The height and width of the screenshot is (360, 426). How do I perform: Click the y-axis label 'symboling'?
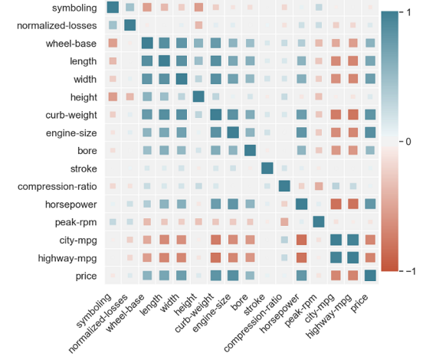[x=74, y=8]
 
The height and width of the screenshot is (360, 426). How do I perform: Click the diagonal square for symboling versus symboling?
[x=113, y=8]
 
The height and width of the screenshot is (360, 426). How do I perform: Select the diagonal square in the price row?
[x=371, y=275]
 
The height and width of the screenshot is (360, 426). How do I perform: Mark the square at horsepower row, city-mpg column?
[x=336, y=204]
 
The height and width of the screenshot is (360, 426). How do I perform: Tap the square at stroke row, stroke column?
[x=267, y=169]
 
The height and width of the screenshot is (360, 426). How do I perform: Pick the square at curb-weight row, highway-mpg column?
[x=353, y=115]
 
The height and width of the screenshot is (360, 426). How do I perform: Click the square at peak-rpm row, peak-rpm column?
[x=319, y=222]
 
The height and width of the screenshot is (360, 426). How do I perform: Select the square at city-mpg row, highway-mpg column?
[x=353, y=240]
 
